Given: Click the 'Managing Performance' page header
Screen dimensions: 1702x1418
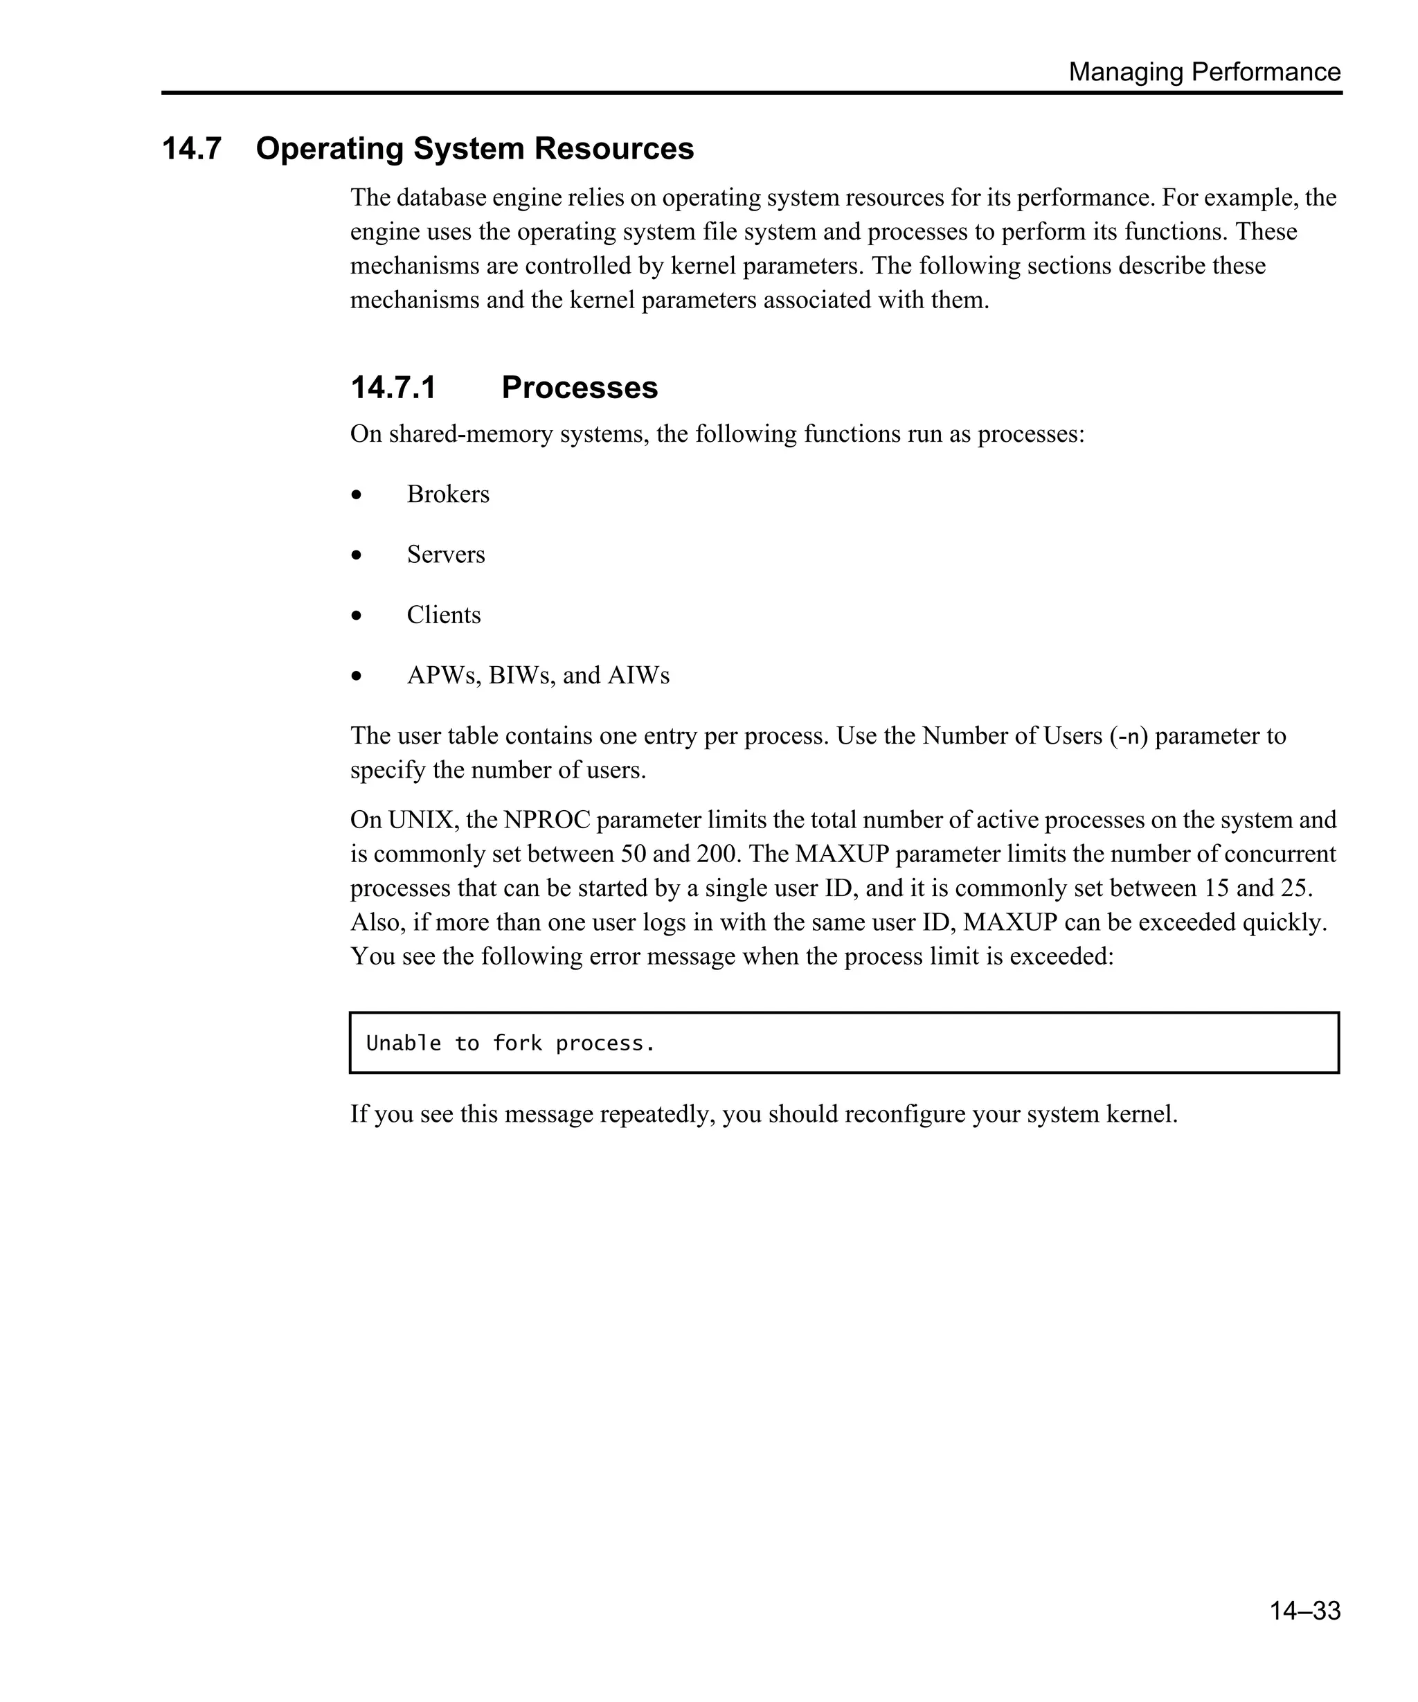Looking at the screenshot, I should click(x=1204, y=72).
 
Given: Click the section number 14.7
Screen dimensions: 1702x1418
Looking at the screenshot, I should click(x=191, y=149).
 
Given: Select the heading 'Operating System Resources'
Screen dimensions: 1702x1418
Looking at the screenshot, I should click(x=475, y=149).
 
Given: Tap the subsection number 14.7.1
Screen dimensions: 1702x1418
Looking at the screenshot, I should click(x=393, y=387).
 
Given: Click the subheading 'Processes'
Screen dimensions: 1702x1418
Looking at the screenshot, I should click(x=580, y=387).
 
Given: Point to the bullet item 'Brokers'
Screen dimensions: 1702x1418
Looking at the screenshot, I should click(x=448, y=494).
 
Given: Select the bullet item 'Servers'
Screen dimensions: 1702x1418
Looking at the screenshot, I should click(x=446, y=555).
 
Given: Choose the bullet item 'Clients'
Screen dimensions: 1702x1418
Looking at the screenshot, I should click(x=443, y=615).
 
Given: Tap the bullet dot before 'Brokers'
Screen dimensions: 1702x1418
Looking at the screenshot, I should click(x=357, y=495).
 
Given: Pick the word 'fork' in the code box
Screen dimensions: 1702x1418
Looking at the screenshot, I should click(x=517, y=1043).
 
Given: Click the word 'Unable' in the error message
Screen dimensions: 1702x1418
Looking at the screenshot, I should click(x=404, y=1043).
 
